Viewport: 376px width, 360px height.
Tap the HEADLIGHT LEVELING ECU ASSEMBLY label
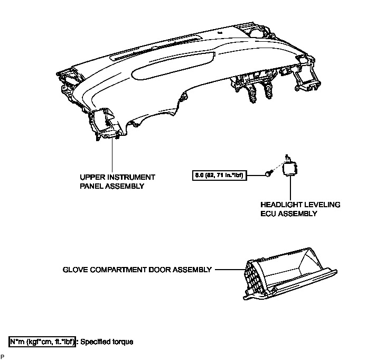click(300, 209)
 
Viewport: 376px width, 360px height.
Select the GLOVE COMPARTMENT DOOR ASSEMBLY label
click(136, 270)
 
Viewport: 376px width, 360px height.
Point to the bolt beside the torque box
click(269, 173)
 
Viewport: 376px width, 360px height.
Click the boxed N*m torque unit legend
click(42, 341)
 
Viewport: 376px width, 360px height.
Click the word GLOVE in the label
click(74, 270)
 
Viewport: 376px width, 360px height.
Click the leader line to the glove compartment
click(228, 270)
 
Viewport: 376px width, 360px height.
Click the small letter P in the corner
click(2, 357)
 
